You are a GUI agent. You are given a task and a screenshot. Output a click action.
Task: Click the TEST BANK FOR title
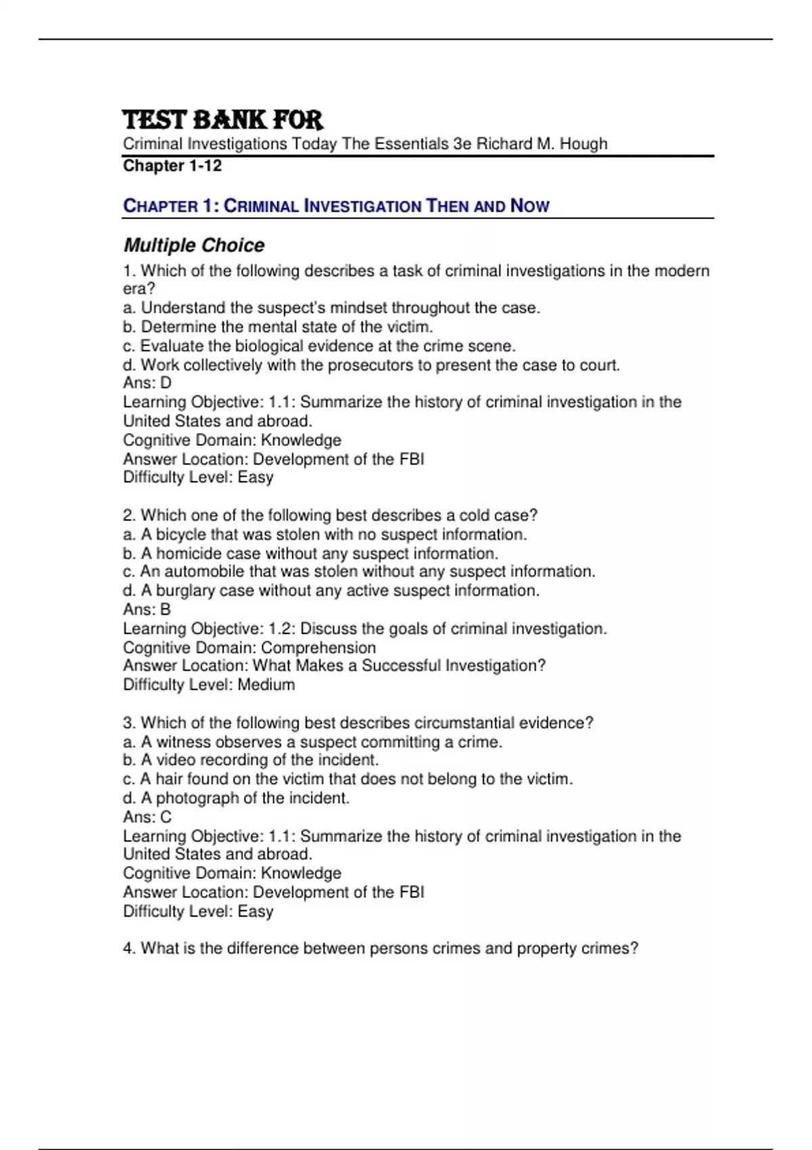(223, 120)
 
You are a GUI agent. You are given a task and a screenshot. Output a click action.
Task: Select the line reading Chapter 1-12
(172, 166)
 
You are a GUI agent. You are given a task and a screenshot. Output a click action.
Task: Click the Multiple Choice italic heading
(194, 245)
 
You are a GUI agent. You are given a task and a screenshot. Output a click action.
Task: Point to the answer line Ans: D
(147, 383)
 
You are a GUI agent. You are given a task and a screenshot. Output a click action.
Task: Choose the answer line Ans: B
(147, 609)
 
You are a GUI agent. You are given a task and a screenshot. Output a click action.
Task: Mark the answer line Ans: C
(147, 817)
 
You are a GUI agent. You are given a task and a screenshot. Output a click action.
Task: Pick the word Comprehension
(318, 647)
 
